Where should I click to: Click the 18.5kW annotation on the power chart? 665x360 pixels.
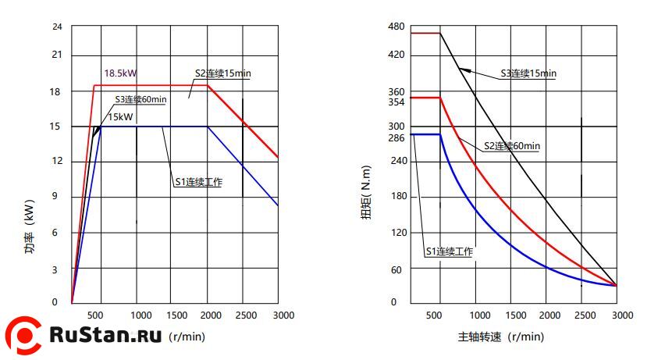tap(120, 73)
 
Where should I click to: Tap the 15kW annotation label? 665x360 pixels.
tap(119, 116)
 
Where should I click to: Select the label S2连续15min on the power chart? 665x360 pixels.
tap(222, 73)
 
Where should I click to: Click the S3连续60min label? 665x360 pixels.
tap(141, 99)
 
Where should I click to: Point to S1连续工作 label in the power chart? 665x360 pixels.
tap(198, 183)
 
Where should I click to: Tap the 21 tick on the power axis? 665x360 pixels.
tap(56, 55)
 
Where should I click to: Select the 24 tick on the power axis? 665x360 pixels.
tap(56, 27)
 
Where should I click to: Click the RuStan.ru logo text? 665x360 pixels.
tap(105, 335)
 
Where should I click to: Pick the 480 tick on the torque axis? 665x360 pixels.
tap(397, 27)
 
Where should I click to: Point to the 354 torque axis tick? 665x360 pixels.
tap(397, 102)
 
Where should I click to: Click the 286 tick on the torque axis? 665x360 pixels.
tap(397, 138)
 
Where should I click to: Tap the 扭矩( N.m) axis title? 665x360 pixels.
tap(365, 191)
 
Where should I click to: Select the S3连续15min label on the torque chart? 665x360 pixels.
tap(528, 73)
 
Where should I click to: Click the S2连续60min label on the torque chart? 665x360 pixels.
tap(512, 146)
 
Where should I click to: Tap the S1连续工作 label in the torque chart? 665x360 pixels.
tap(450, 251)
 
